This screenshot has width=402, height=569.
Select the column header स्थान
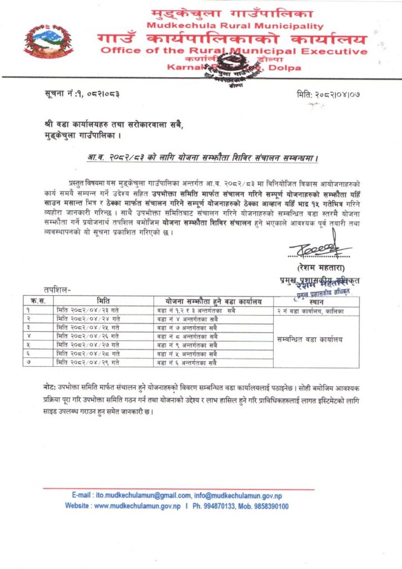[x=316, y=301]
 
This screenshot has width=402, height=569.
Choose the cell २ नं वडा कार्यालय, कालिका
[x=311, y=311]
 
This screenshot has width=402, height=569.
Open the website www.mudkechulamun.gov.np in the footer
[x=137, y=506]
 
